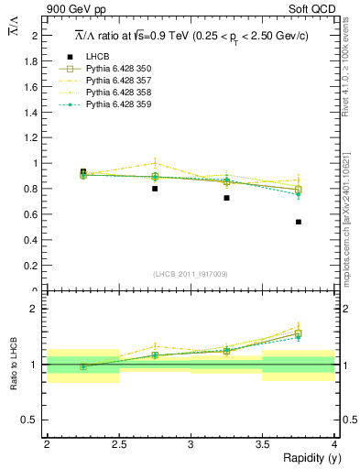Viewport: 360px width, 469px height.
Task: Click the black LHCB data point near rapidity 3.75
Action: pos(299,222)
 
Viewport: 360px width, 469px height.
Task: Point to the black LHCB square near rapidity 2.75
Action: pos(155,189)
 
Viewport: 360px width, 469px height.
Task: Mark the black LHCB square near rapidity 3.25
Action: pos(226,198)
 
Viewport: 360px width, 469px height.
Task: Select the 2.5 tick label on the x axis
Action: pos(118,443)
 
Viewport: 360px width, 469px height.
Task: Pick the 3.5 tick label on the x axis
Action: pos(262,443)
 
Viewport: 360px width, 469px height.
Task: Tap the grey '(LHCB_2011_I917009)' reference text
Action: pos(191,274)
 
